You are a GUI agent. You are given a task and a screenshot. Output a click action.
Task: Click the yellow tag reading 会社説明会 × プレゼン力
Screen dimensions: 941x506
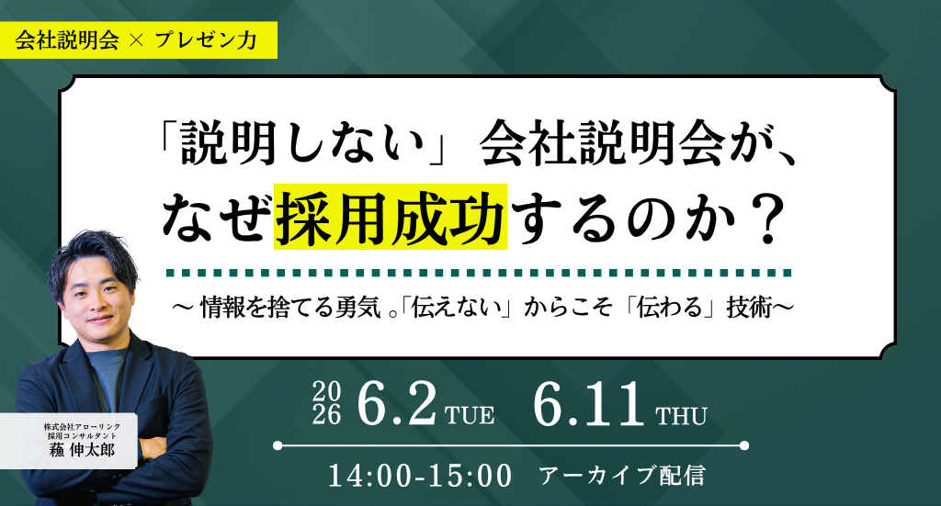pos(139,40)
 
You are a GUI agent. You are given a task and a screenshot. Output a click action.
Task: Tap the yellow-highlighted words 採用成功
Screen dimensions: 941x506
pos(391,217)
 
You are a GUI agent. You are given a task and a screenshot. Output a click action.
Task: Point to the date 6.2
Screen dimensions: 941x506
pos(396,404)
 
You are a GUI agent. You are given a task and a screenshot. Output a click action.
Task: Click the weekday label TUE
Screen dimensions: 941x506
pos(470,415)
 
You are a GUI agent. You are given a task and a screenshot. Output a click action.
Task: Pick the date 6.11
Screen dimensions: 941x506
pos(589,404)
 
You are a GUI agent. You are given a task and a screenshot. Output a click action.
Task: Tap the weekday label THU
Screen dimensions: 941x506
pos(681,415)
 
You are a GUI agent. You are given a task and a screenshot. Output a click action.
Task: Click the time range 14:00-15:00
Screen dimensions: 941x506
pos(420,476)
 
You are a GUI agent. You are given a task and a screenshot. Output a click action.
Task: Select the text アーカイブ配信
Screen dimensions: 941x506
pos(622,476)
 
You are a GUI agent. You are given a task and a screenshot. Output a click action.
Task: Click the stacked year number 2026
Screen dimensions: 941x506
pos(326,403)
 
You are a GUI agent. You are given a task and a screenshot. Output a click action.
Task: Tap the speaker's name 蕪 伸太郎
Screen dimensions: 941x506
pos(82,450)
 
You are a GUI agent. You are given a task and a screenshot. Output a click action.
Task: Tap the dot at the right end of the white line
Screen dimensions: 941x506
pos(744,445)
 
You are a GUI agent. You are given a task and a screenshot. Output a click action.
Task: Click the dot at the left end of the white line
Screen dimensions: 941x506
pos(278,445)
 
